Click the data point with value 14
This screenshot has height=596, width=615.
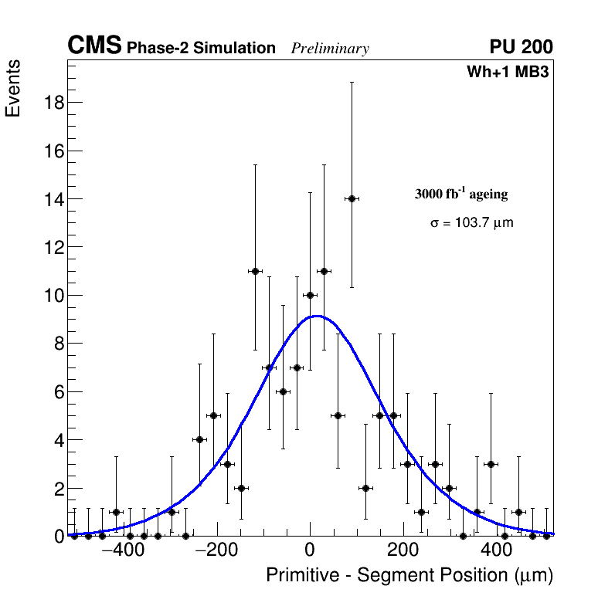pyautogui.click(x=352, y=198)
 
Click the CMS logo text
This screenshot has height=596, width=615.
pyautogui.click(x=94, y=46)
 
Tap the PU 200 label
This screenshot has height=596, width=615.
pyautogui.click(x=522, y=47)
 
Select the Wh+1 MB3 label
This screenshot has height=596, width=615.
pyautogui.click(x=508, y=73)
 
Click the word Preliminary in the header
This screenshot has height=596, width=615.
pyautogui.click(x=330, y=49)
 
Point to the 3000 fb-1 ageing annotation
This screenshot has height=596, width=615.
pyautogui.click(x=461, y=194)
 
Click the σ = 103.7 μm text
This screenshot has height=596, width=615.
pyautogui.click(x=471, y=223)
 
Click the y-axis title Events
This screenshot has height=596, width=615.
pyautogui.click(x=13, y=89)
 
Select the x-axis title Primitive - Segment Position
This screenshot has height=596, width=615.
pyautogui.click(x=409, y=576)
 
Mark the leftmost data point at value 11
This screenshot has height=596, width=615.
pyautogui.click(x=255, y=271)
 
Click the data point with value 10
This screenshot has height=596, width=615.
pyautogui.click(x=310, y=295)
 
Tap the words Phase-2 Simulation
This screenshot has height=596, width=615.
pyautogui.click(x=201, y=49)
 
